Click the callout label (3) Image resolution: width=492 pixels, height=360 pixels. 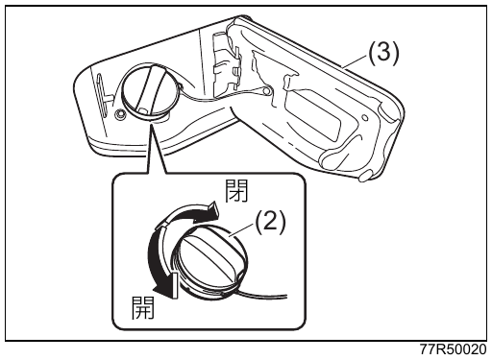[383, 54]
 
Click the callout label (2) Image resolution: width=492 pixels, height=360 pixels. [269, 222]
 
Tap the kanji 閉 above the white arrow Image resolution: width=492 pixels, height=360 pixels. [236, 191]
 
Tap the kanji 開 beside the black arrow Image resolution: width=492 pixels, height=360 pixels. [143, 307]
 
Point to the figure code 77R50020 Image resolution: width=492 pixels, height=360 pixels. [453, 349]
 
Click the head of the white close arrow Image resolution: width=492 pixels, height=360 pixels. [211, 210]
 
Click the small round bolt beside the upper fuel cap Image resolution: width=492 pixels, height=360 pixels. [120, 113]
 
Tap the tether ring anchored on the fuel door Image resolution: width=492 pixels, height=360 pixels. [265, 92]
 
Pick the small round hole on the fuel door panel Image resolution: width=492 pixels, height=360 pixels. [364, 118]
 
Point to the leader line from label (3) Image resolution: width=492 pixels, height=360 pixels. [355, 61]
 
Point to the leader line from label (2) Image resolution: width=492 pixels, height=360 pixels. [243, 229]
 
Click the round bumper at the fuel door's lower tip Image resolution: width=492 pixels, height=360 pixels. [365, 176]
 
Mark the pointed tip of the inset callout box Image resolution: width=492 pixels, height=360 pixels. [151, 126]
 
